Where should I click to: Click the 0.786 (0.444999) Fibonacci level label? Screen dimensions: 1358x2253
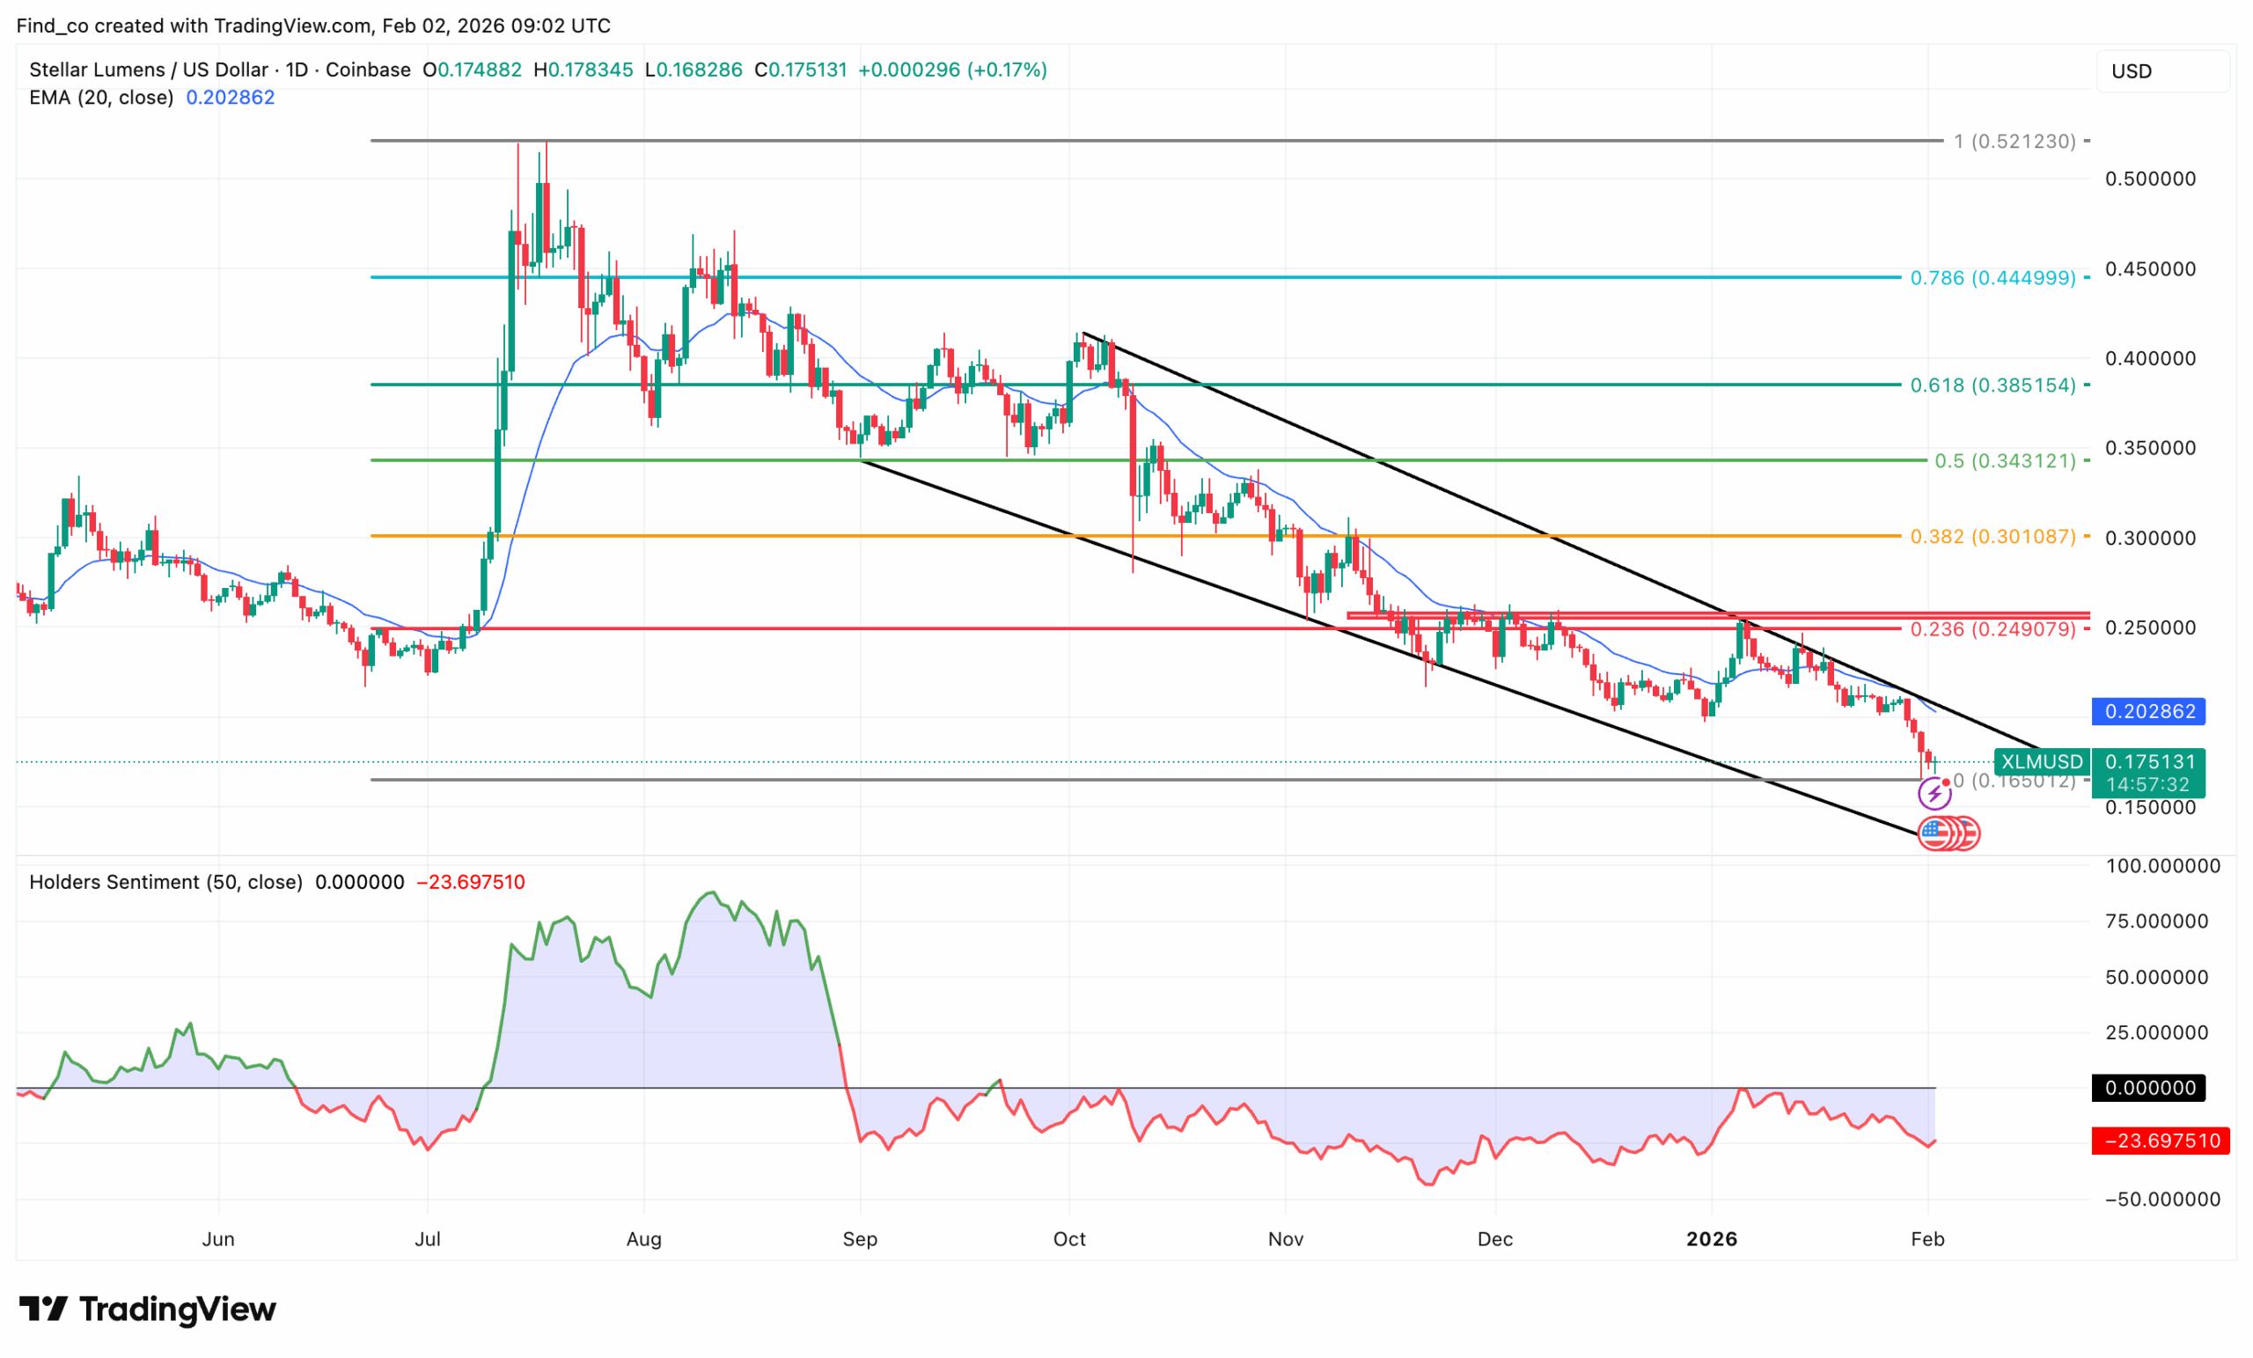pos(1992,278)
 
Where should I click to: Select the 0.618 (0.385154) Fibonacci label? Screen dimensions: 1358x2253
pos(1992,385)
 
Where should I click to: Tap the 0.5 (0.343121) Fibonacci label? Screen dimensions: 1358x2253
pos(2004,461)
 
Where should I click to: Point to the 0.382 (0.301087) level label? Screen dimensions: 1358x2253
pos(1992,537)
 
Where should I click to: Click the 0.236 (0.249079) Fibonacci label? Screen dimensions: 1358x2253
pos(1992,629)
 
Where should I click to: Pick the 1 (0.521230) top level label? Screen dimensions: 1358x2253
pos(2014,142)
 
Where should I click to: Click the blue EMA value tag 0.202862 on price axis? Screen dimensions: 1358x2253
pos(2149,711)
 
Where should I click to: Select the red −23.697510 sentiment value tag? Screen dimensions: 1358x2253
pos(2161,1141)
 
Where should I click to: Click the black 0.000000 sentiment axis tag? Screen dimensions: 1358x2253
pos(2149,1088)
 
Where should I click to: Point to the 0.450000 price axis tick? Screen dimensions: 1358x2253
pos(2150,268)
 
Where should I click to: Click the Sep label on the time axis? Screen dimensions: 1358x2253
pos(860,1239)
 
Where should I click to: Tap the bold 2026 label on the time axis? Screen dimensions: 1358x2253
pos(1712,1239)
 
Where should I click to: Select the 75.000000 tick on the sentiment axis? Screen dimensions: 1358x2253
pos(2157,921)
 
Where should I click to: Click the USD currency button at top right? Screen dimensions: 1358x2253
pos(2132,71)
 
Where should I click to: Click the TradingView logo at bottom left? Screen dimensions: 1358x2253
pos(148,1310)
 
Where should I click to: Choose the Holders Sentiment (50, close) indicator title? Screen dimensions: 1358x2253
pos(165,883)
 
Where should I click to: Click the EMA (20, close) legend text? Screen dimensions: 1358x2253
pos(101,98)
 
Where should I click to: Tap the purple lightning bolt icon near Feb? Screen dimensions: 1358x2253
pos(1934,794)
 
